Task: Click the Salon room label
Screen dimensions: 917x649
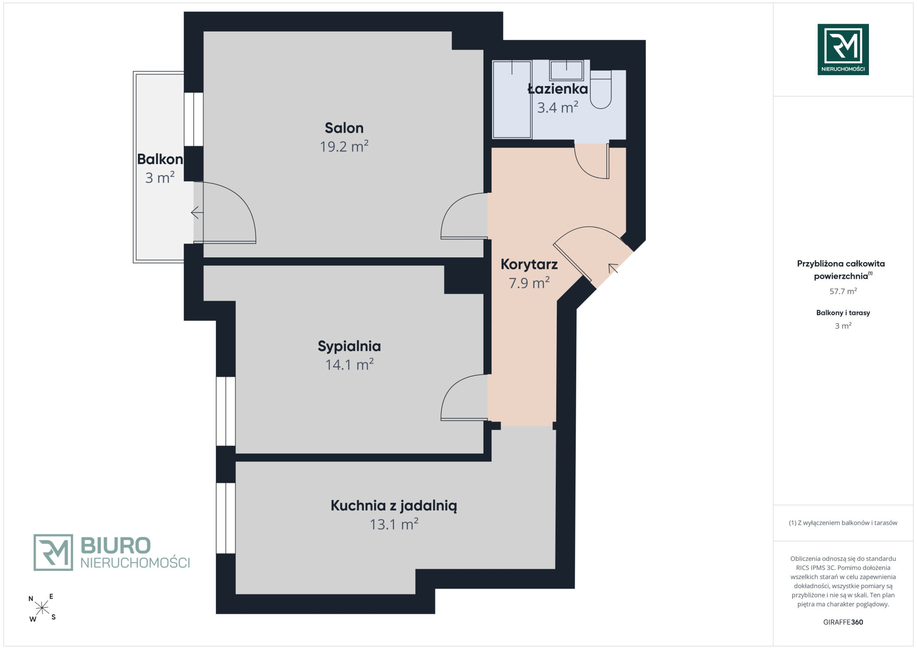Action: coord(344,128)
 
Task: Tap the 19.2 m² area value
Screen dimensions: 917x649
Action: coord(344,146)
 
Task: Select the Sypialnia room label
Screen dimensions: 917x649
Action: coord(349,346)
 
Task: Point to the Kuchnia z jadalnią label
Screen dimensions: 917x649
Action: coord(394,506)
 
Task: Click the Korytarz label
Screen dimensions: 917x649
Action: coord(529,265)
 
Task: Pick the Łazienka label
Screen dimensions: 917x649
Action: coord(558,88)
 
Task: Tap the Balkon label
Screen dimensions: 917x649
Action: coord(160,159)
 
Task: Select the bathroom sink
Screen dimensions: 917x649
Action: coord(566,70)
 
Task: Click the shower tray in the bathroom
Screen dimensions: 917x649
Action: coord(512,99)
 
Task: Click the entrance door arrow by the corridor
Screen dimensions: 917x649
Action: coord(613,268)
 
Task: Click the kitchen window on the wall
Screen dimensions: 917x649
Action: coord(226,518)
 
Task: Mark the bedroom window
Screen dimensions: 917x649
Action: coord(226,411)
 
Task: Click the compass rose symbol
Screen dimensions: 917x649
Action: coord(42,608)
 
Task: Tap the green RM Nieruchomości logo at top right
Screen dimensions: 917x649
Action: coord(843,49)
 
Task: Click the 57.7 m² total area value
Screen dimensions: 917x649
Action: coord(843,291)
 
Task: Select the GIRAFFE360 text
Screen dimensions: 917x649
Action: coord(843,622)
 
